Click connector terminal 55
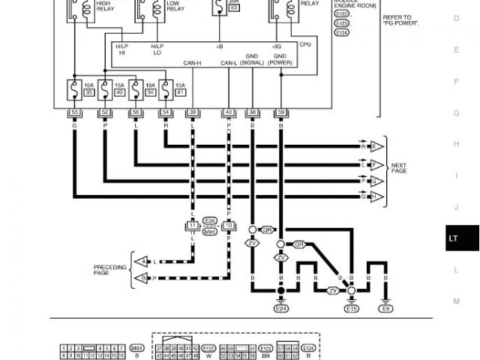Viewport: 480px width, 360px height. [x=74, y=112]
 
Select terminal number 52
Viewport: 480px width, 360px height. [x=105, y=112]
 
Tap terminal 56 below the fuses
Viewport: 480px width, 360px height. [x=135, y=112]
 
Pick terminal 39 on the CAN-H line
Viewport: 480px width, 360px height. [x=193, y=112]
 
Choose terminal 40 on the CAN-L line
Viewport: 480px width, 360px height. [x=228, y=112]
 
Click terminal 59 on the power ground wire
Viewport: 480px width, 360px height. [x=280, y=112]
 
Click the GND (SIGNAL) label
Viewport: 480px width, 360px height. [x=253, y=60]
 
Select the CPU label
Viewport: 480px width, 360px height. [x=305, y=45]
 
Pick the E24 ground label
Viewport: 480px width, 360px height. [x=281, y=308]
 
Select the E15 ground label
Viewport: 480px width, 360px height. [x=351, y=308]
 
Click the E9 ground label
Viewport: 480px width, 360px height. [x=385, y=308]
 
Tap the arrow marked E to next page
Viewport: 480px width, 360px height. [x=376, y=145]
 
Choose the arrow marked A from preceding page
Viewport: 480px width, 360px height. [x=140, y=261]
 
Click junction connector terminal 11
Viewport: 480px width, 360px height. [x=193, y=224]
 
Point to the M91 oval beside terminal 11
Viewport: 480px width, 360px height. [x=210, y=232]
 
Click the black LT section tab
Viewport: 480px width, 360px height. [x=454, y=238]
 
